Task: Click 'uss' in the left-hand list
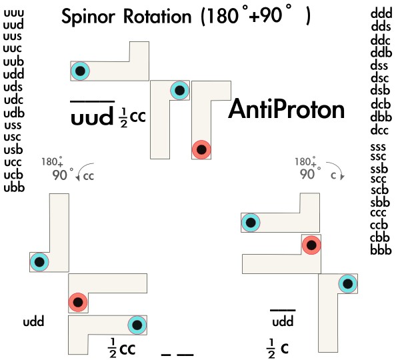[x=13, y=125]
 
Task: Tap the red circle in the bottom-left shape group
[x=78, y=303]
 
